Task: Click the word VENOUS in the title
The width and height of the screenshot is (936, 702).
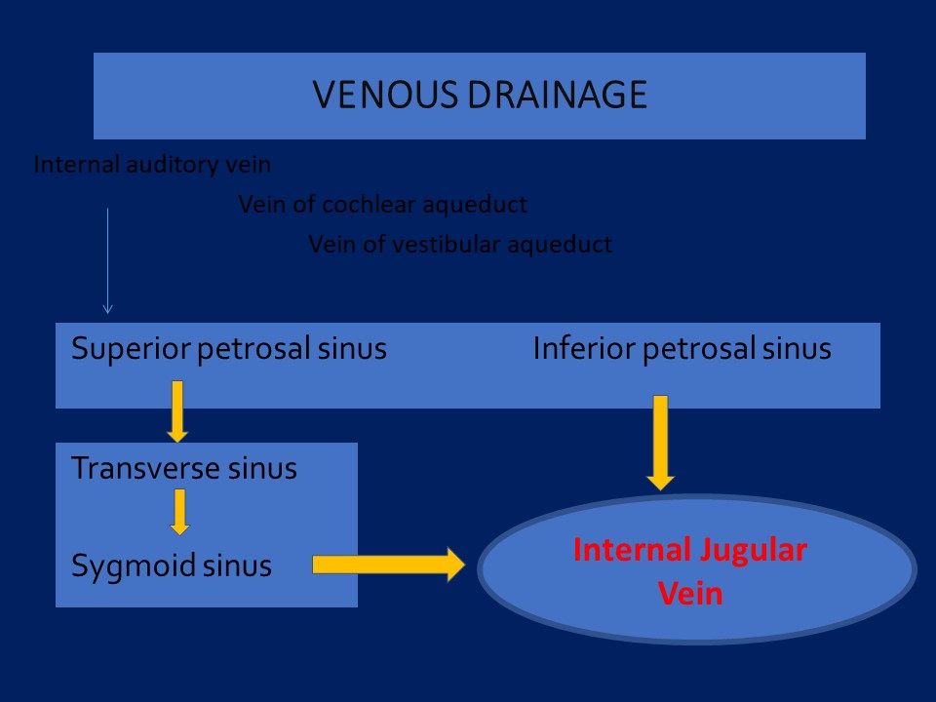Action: tap(385, 95)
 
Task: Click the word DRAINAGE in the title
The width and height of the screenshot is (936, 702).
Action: tap(558, 95)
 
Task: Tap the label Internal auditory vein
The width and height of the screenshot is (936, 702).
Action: tap(152, 164)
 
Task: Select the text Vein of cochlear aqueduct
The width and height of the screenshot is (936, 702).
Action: tap(382, 205)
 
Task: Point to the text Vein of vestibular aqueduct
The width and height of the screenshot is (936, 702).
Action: tap(460, 245)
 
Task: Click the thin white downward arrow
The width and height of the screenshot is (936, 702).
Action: tap(107, 261)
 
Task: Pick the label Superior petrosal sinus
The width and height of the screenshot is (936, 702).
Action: tap(228, 348)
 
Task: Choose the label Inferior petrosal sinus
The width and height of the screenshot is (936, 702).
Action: tap(682, 348)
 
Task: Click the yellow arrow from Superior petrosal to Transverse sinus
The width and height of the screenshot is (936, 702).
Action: tap(177, 411)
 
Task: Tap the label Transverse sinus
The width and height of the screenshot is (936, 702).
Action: tap(184, 468)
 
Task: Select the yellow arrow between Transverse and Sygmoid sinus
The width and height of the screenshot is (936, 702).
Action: tap(179, 512)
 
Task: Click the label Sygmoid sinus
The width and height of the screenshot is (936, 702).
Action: tap(172, 565)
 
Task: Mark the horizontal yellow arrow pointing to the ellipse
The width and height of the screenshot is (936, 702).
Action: tap(389, 565)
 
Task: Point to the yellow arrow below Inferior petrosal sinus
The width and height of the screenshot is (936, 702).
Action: tap(660, 443)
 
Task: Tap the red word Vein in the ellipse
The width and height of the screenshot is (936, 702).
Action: tap(690, 594)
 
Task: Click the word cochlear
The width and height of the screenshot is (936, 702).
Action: tap(369, 205)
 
